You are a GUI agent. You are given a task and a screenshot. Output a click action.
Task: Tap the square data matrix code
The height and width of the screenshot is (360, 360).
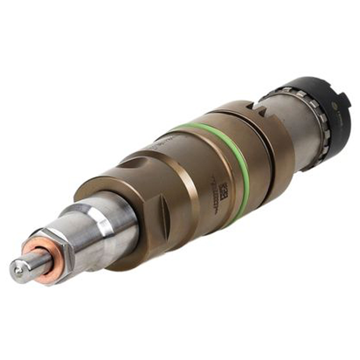click(x=224, y=191)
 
